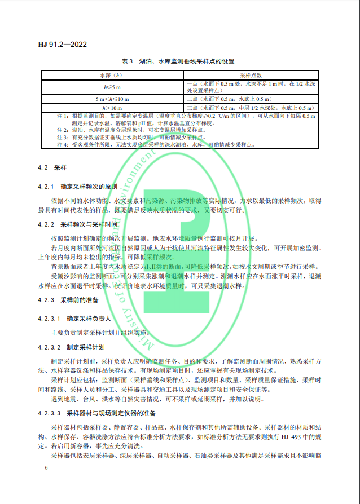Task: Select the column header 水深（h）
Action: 111,74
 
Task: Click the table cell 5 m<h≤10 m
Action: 111,99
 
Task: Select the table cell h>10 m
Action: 111,107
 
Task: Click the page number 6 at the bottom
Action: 46,468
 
